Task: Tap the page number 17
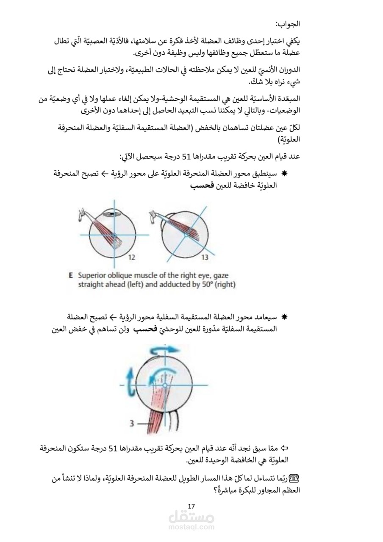[x=191, y=506]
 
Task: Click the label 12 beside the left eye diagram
[x=131, y=257]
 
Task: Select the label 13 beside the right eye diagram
[x=205, y=257]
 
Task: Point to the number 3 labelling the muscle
[x=132, y=423]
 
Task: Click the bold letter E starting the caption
[x=71, y=275]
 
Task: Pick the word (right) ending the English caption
[x=226, y=285]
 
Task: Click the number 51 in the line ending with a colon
[x=187, y=156]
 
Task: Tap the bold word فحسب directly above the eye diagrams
[x=202, y=186]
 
